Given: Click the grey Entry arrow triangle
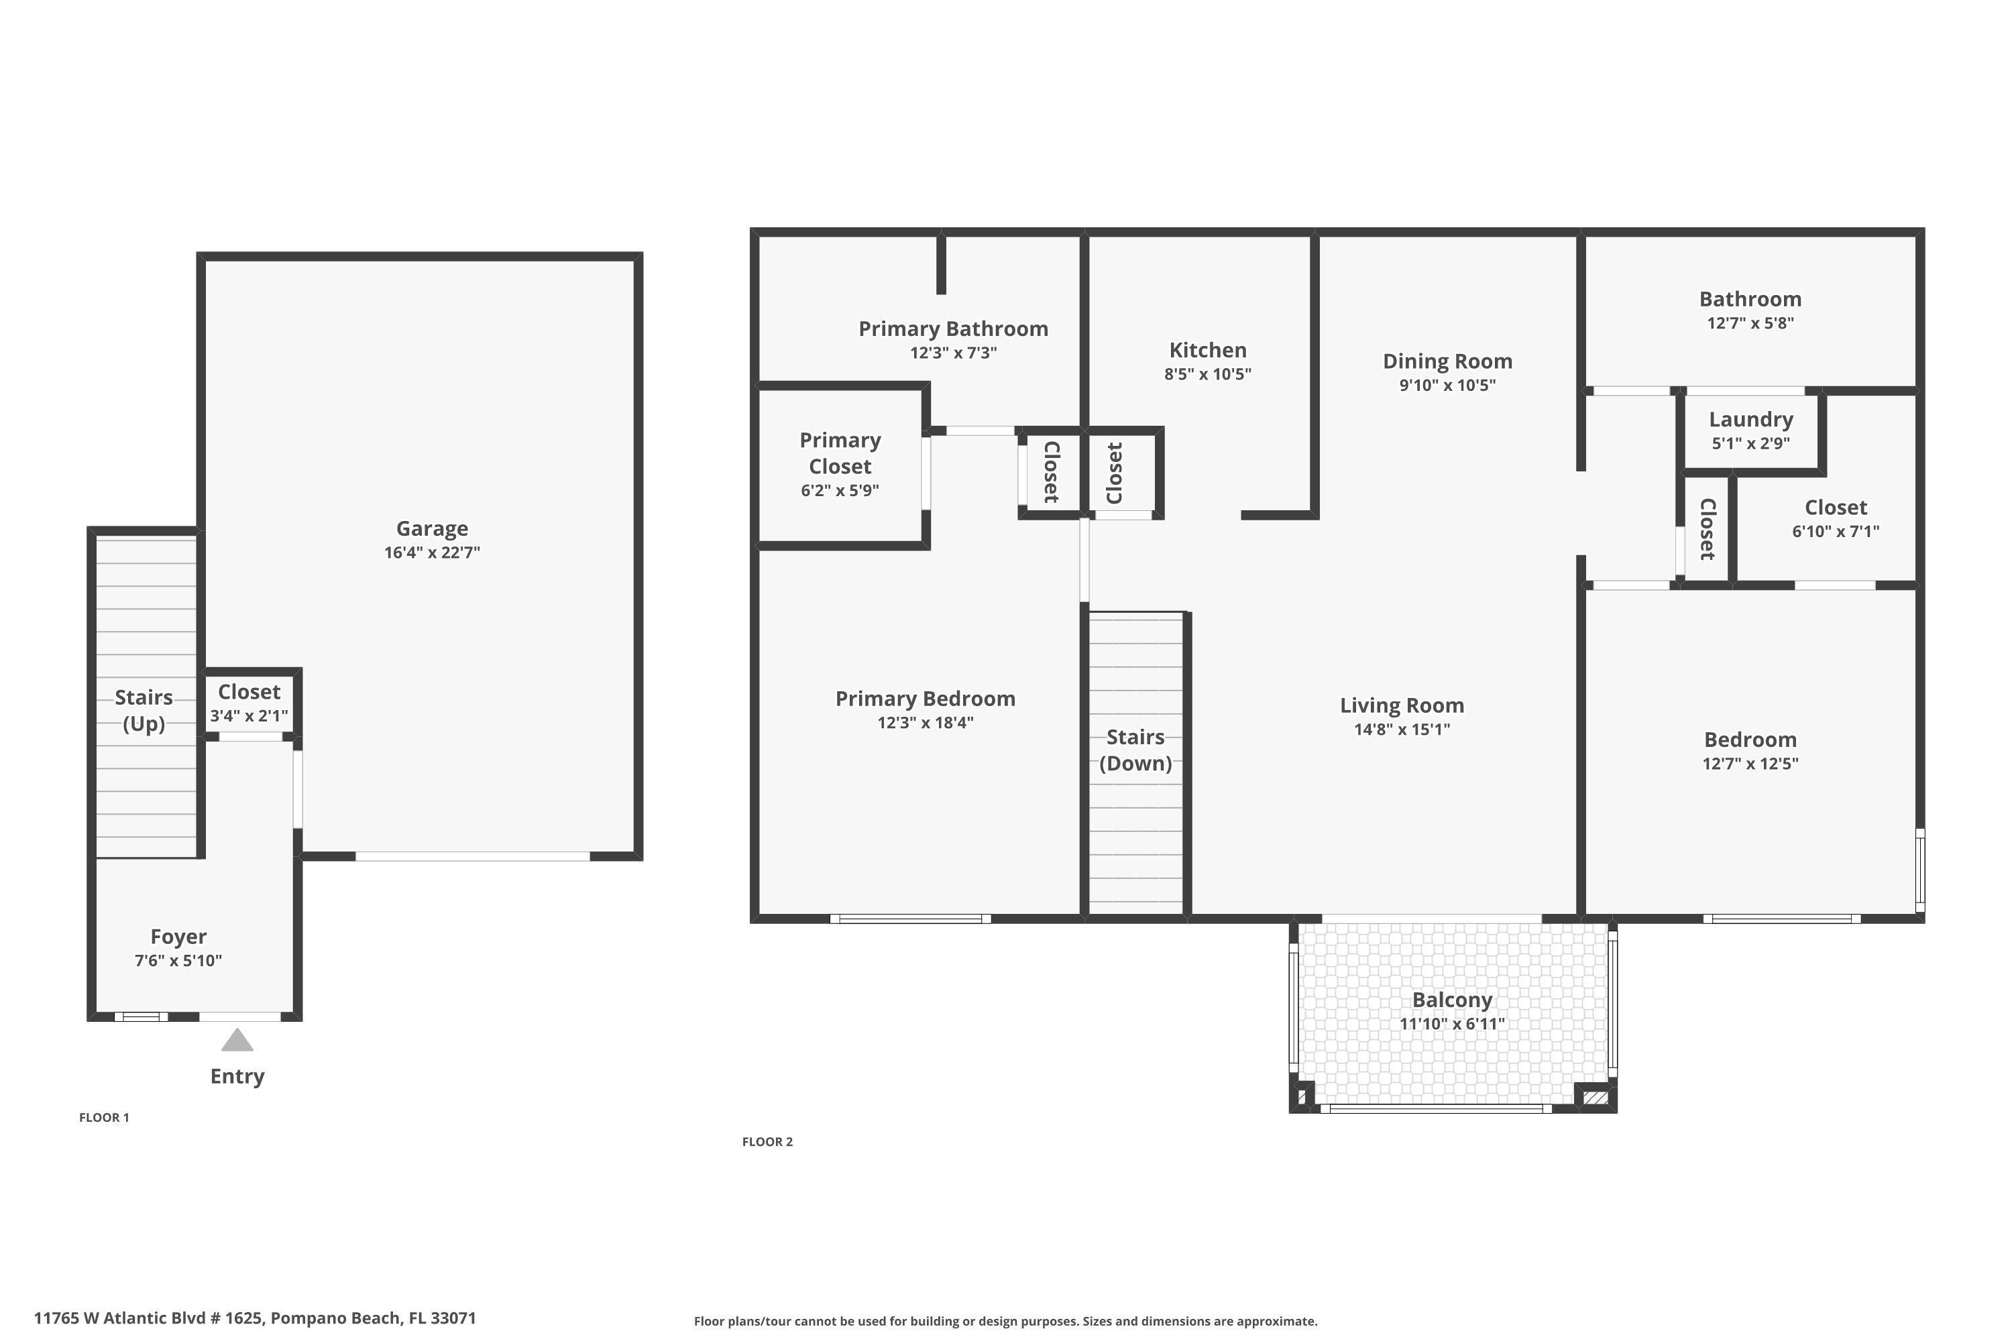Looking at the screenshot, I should coord(237,1041).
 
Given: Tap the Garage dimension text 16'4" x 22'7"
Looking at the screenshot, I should coord(432,552).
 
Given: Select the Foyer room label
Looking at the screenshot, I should coord(178,937).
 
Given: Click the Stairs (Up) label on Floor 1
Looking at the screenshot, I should coord(144,710).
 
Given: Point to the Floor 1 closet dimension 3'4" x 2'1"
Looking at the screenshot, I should coord(249,716).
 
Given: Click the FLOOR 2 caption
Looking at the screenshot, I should coord(767,1142).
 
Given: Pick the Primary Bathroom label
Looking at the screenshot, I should coord(953,329).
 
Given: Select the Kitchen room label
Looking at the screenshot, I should coord(1207,350).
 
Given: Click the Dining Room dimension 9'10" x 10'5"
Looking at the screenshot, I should coord(1447,386).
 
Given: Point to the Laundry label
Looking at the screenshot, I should coord(1750,419).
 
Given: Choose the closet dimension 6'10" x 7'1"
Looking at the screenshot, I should coord(1836,531).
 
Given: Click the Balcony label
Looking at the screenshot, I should coord(1452,1000).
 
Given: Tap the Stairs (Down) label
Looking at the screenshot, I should coord(1135,750).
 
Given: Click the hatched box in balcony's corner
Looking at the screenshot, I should coord(1595,1097).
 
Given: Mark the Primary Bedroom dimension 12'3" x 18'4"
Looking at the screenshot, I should coord(925,723).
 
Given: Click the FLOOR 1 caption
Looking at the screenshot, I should coord(105,1117).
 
